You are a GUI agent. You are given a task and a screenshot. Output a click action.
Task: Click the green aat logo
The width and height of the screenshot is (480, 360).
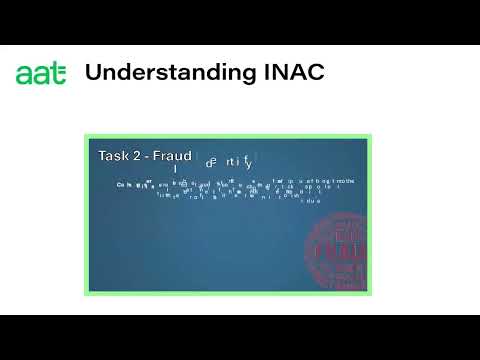[41, 74]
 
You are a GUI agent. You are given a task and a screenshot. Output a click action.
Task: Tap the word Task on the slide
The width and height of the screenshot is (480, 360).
[114, 156]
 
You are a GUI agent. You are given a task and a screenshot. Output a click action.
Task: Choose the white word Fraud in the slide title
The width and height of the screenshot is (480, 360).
[172, 156]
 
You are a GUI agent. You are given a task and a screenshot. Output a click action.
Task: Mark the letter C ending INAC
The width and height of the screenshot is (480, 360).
[317, 73]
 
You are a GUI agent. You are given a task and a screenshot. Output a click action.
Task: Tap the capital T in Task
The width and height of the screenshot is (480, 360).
[103, 156]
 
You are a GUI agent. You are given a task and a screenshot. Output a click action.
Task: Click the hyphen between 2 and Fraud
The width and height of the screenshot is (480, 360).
[148, 157]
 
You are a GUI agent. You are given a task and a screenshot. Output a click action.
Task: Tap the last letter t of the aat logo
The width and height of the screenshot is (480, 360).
[59, 74]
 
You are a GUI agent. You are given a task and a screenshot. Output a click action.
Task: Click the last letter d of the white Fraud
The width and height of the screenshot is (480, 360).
[187, 156]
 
